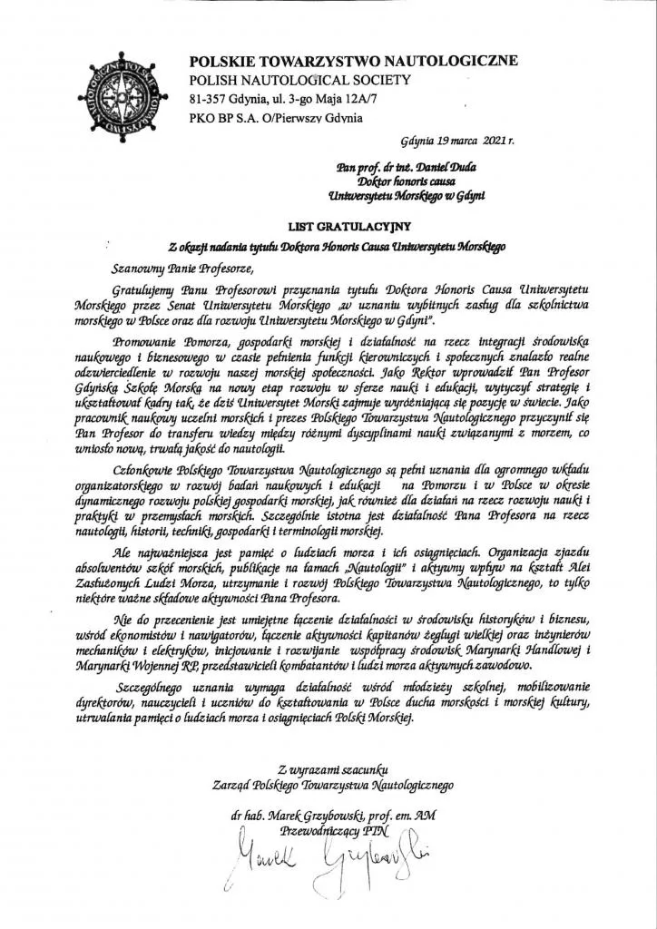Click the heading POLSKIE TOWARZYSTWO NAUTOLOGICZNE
(354, 61)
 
